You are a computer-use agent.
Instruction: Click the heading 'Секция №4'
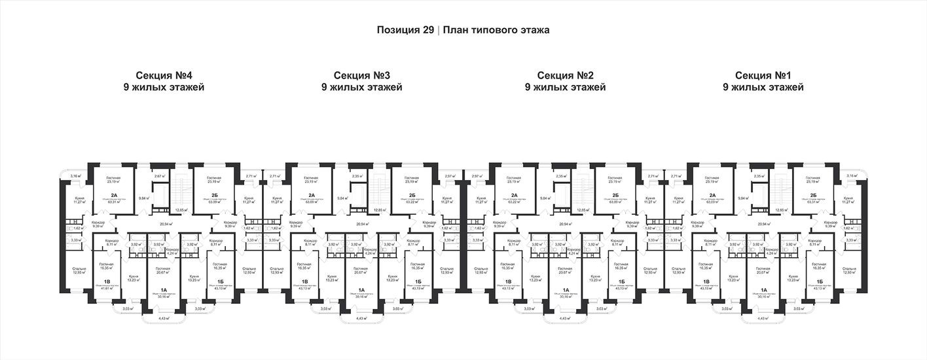click(x=164, y=75)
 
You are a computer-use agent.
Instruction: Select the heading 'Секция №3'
click(x=362, y=75)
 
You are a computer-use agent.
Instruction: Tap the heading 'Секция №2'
click(x=565, y=75)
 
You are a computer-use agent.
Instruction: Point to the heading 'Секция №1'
click(x=763, y=75)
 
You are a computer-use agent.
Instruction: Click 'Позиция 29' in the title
click(x=405, y=30)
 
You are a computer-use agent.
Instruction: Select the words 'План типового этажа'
click(x=496, y=30)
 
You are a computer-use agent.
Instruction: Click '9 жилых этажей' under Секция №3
click(x=362, y=87)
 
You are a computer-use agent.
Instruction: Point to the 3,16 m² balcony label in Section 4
click(x=75, y=176)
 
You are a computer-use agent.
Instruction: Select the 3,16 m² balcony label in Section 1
click(x=851, y=176)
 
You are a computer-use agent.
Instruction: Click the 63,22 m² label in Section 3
click(x=412, y=202)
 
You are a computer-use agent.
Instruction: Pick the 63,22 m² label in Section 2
click(x=515, y=202)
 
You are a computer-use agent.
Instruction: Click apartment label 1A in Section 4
click(x=164, y=289)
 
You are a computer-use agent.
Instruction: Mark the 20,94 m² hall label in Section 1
click(x=763, y=223)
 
